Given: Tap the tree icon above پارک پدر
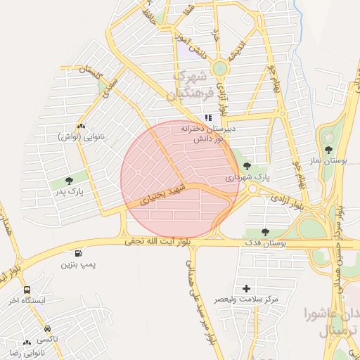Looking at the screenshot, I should (x=68, y=181).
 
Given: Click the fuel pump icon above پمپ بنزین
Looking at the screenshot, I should (x=77, y=253).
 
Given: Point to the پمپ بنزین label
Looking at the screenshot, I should (x=77, y=264).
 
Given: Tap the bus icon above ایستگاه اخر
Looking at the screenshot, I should (x=27, y=290).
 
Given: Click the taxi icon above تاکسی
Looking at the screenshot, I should (x=47, y=328).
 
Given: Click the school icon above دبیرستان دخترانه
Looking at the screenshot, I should (x=207, y=118).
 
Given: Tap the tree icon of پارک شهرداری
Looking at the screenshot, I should (x=246, y=167).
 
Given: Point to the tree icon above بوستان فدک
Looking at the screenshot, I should (x=264, y=232).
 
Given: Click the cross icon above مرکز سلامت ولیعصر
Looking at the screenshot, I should (x=246, y=288).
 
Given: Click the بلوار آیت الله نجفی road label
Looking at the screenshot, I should (x=155, y=241).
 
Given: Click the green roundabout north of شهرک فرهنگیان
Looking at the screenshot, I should (x=220, y=68).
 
